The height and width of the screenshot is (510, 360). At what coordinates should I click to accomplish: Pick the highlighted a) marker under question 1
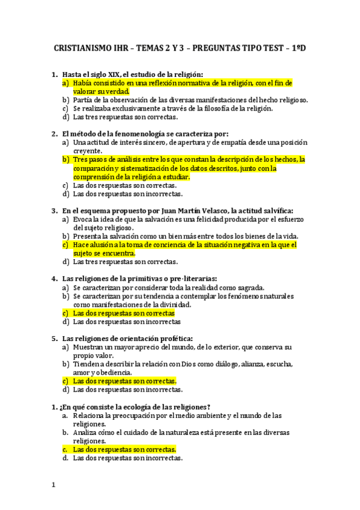point(66,83)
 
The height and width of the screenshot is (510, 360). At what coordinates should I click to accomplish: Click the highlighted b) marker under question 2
point(66,159)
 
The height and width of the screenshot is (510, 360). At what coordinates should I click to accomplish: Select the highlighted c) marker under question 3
point(66,245)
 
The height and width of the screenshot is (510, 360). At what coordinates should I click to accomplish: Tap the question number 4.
point(55,278)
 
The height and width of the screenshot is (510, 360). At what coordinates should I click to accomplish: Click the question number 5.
point(55,338)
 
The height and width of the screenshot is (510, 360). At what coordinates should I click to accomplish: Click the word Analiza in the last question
point(85,432)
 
